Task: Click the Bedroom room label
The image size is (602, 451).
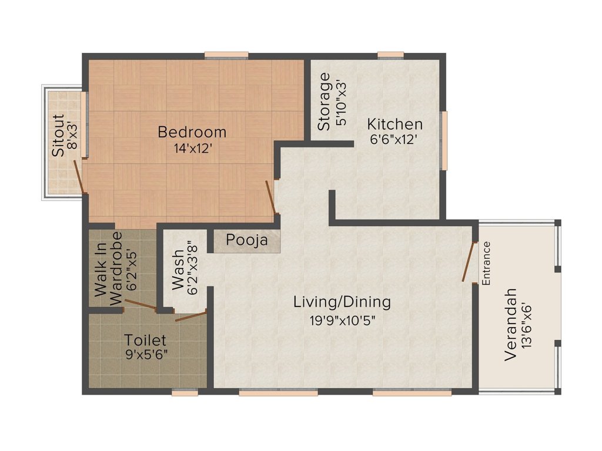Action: [192, 132]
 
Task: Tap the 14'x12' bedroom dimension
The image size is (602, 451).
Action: [192, 149]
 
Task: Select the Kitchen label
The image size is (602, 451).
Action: [394, 124]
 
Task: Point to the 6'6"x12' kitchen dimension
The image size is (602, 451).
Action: [394, 141]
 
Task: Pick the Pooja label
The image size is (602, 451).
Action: [247, 240]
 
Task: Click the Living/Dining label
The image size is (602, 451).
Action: [342, 302]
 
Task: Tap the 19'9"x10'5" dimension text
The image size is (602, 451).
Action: [342, 320]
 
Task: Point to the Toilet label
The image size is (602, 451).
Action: [145, 340]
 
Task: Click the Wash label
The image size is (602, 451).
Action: [178, 271]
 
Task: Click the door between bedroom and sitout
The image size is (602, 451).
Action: [80, 176]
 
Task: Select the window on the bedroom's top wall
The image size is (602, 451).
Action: [226, 56]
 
